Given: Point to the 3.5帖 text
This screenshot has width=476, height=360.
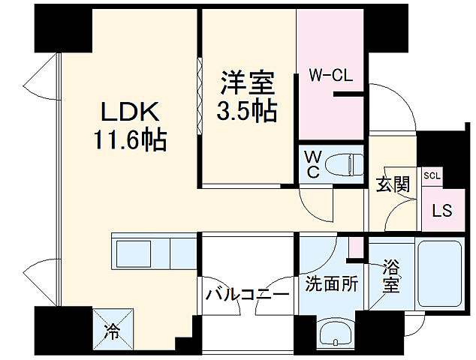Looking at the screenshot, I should point(246,111).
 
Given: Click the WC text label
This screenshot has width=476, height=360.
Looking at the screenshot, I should point(312,163).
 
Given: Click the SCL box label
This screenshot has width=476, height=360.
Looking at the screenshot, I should point(432,175).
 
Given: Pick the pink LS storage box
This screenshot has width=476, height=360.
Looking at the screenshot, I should point(441,210).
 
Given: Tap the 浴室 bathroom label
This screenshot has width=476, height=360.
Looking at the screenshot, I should point(390,276).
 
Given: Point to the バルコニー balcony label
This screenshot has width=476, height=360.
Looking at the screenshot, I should point(247,294).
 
